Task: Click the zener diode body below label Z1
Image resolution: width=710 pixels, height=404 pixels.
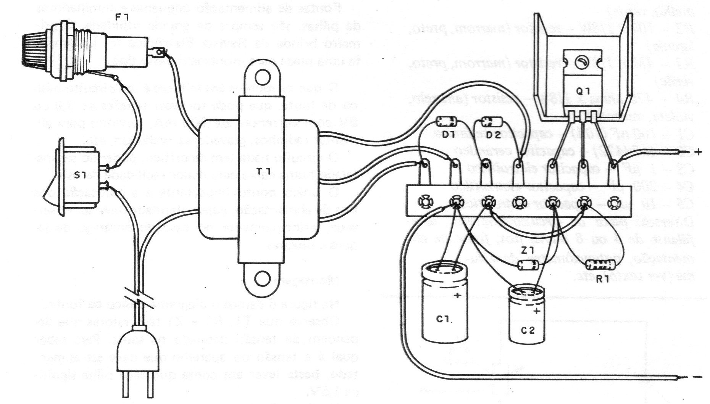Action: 528,265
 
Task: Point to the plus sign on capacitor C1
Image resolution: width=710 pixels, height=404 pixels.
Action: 458,296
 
